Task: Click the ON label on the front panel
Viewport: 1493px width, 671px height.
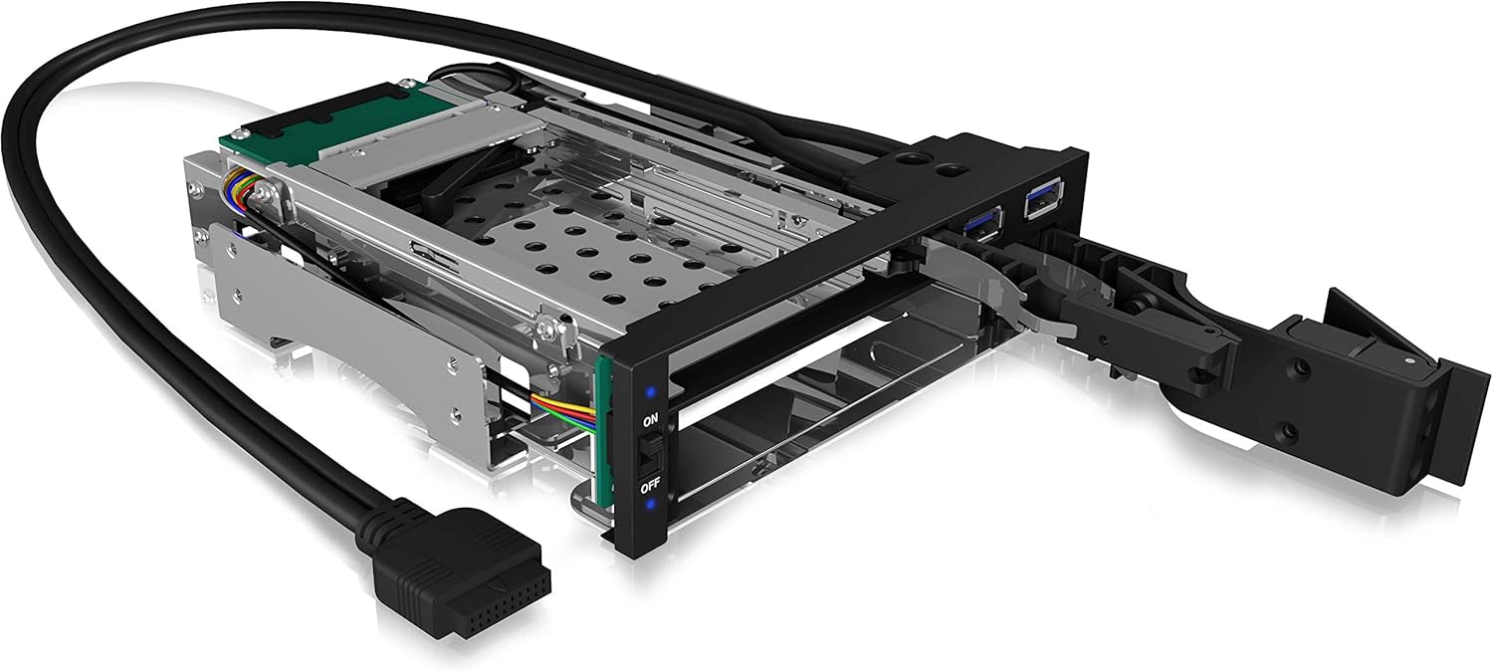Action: [651, 420]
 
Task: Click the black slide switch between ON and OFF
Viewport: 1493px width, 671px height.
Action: [650, 454]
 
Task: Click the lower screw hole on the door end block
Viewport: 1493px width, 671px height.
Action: [1290, 430]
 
